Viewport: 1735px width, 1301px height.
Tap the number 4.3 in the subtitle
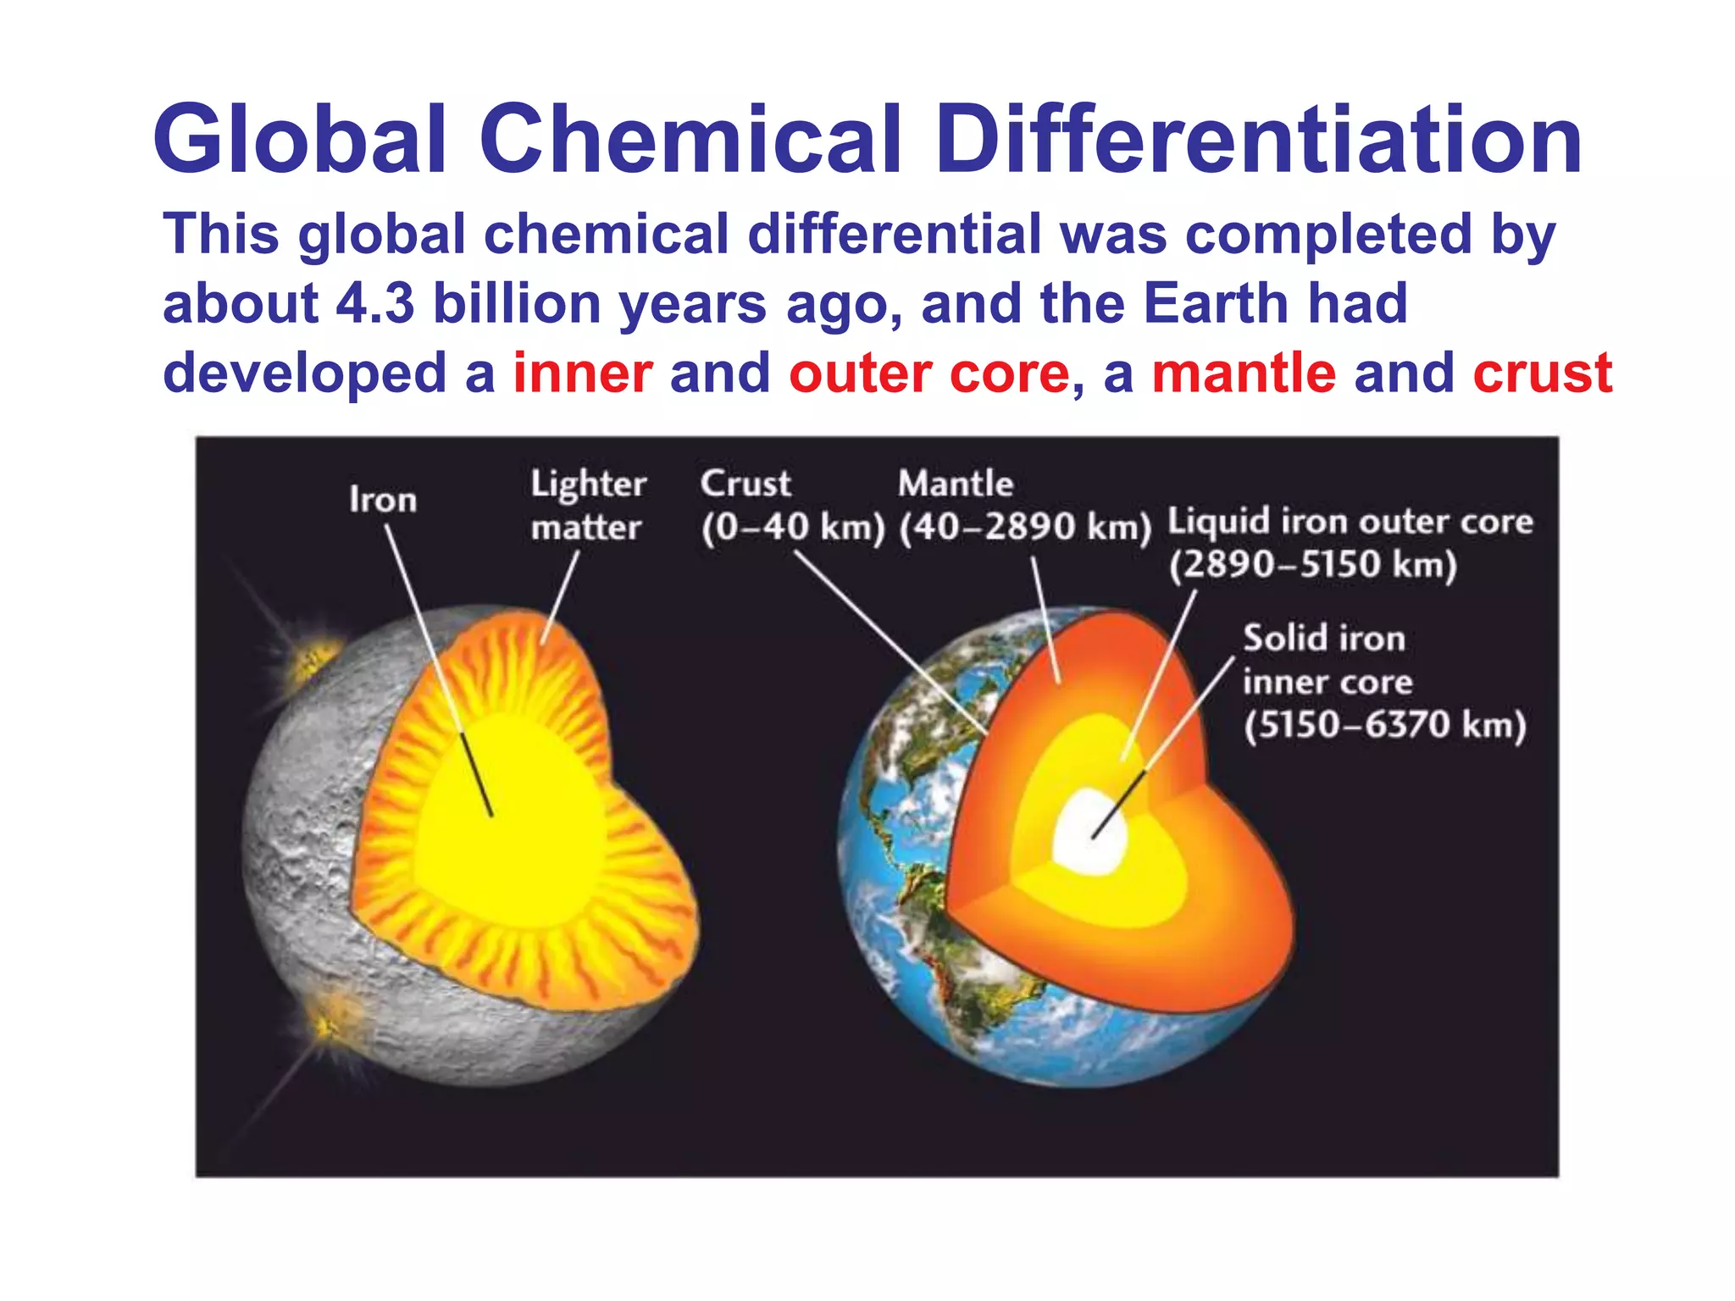[x=375, y=303]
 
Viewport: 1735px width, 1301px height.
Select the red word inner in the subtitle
[x=583, y=373]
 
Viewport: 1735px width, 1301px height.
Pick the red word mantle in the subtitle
[x=1244, y=373]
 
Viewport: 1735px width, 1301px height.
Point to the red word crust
[x=1542, y=373]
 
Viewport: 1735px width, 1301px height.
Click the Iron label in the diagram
[x=383, y=500]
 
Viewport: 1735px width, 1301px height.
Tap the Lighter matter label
[x=587, y=506]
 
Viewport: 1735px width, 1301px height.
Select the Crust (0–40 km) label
[x=792, y=506]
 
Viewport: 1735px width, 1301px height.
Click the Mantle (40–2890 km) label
[x=1024, y=506]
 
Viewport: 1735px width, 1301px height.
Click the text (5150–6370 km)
[x=1384, y=726]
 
